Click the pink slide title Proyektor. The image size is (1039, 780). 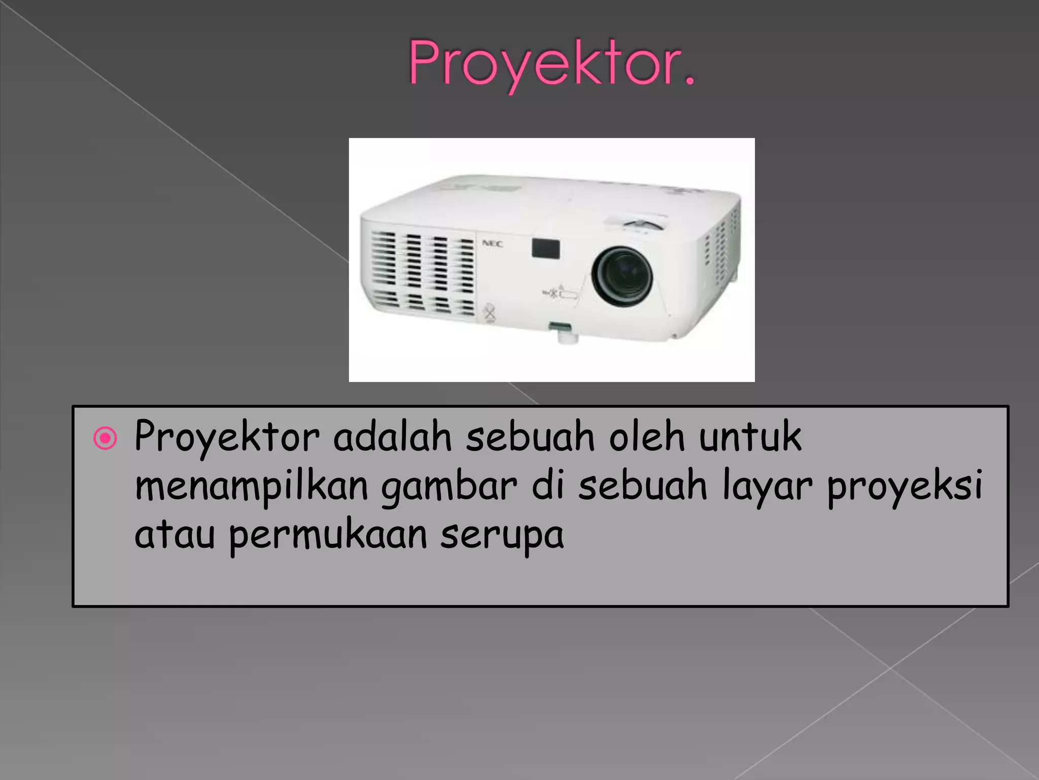(x=551, y=63)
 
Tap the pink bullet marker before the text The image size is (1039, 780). (x=106, y=438)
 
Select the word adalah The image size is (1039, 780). (x=392, y=437)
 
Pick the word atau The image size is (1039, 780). (x=175, y=535)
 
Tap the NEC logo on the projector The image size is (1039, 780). (x=492, y=244)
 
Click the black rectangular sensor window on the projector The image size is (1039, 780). (x=546, y=248)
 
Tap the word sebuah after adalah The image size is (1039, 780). (x=530, y=437)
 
